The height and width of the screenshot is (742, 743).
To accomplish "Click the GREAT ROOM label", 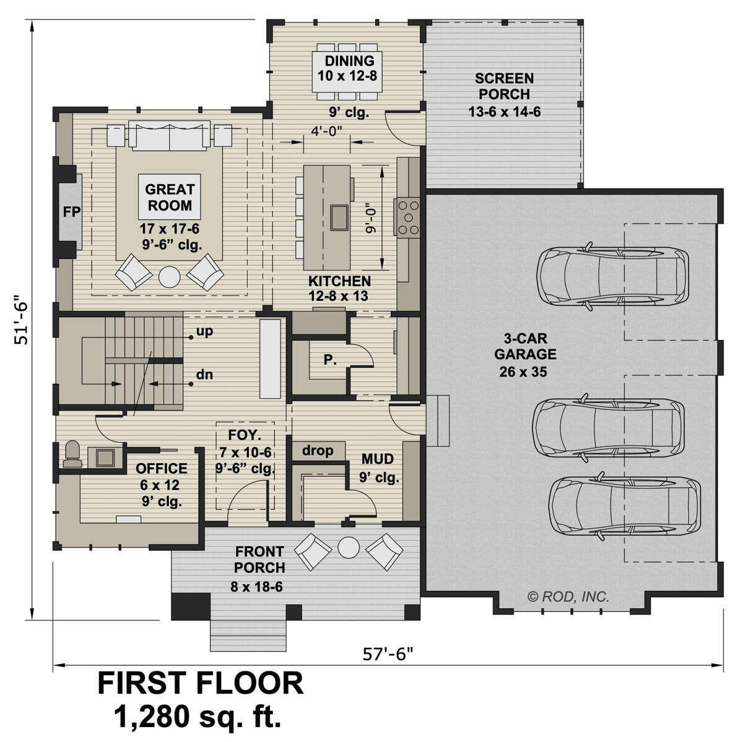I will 170,197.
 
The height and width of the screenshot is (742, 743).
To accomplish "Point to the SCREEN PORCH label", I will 504,86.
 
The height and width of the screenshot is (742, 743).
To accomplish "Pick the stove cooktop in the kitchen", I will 409,217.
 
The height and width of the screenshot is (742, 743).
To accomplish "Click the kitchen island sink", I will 339,216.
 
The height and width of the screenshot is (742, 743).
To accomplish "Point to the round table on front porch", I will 349,548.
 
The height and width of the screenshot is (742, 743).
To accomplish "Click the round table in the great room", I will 169,276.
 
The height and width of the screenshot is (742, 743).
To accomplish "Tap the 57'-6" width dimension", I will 389,654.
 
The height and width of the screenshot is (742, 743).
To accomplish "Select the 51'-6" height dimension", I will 24,319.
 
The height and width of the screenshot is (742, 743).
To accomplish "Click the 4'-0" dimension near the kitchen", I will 326,130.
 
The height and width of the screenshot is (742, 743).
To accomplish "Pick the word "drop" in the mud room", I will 318,450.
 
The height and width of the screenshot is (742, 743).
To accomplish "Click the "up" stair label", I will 204,331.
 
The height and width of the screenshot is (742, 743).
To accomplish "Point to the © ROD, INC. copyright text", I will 568,596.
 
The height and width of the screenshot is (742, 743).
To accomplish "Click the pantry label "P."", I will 330,359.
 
